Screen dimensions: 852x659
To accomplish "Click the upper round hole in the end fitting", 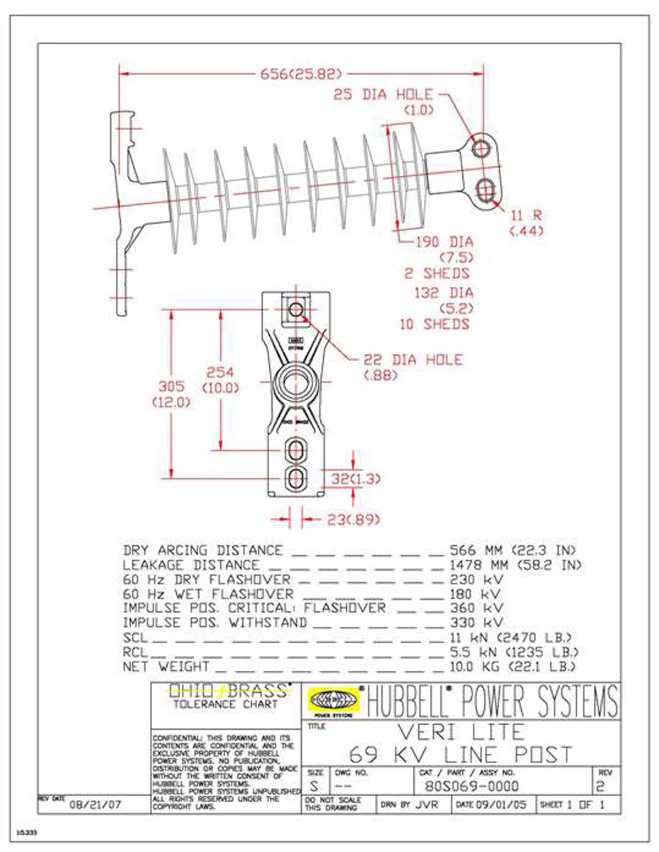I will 481,148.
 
